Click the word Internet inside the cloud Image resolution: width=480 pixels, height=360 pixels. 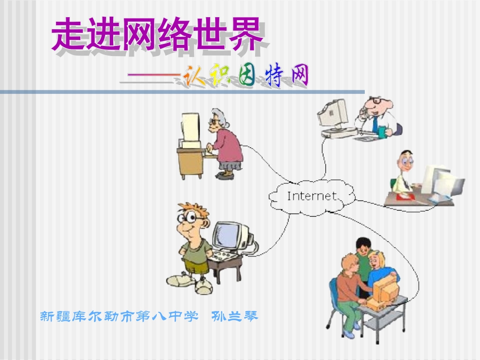click(x=311, y=196)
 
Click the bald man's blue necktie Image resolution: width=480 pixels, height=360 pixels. click(x=375, y=124)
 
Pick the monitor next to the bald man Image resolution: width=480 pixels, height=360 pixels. click(x=333, y=113)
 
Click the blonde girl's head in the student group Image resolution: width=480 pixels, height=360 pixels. click(x=377, y=260)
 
